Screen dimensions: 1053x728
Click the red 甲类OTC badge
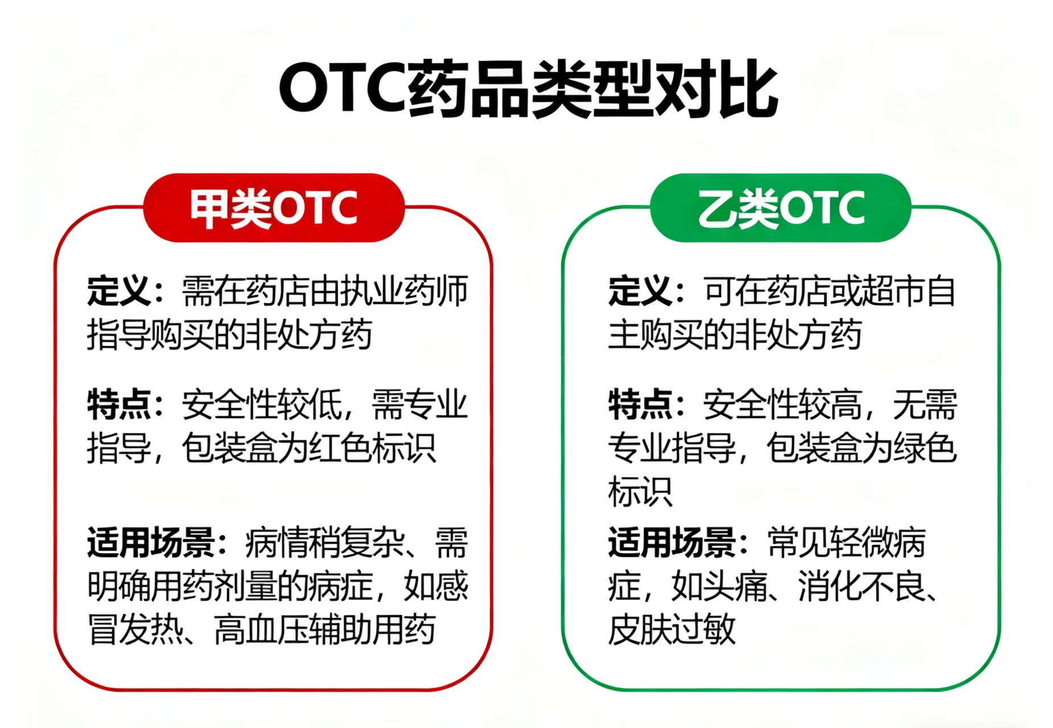point(274,208)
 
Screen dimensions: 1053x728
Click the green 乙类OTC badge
point(781,208)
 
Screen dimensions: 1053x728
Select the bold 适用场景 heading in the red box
point(150,542)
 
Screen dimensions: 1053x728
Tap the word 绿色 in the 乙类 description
point(926,448)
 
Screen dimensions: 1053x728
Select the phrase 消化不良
point(862,586)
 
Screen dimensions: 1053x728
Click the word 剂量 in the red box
point(277,586)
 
